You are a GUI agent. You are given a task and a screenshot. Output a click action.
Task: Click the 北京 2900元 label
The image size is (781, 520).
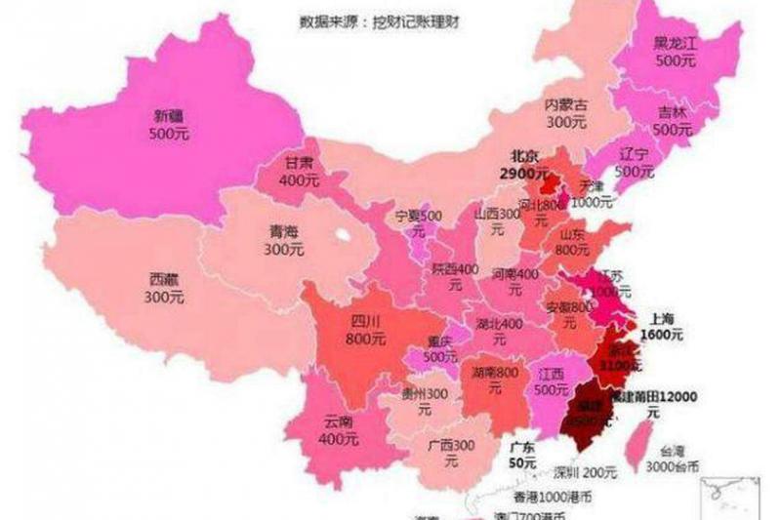pos(520,164)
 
